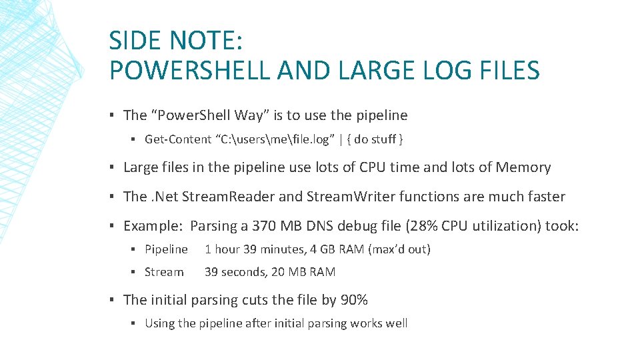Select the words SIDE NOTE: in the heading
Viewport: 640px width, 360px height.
coord(176,41)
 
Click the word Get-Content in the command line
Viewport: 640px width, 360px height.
coord(177,139)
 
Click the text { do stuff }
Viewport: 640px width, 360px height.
coord(378,139)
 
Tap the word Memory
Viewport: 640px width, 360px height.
coord(523,167)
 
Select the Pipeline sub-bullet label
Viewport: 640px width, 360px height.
coord(166,249)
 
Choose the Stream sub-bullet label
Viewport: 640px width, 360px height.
coord(164,272)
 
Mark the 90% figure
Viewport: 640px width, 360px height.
coord(354,300)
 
